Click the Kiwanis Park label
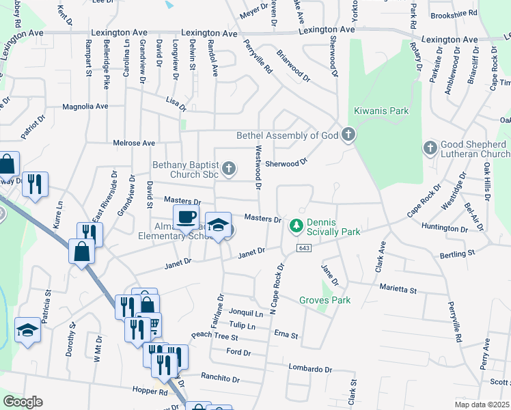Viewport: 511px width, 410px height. pos(381,110)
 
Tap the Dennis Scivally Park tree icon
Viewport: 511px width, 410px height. pos(296,224)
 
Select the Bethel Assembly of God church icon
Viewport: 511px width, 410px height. pos(348,135)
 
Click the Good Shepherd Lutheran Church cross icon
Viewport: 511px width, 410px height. pos(430,147)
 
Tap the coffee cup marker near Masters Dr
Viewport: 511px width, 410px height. pos(187,217)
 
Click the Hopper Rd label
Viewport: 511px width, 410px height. pos(154,392)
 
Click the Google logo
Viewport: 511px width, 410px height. pos(23,402)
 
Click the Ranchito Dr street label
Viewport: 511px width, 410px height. pos(221,378)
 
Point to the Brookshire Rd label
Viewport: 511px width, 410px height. pos(454,13)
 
